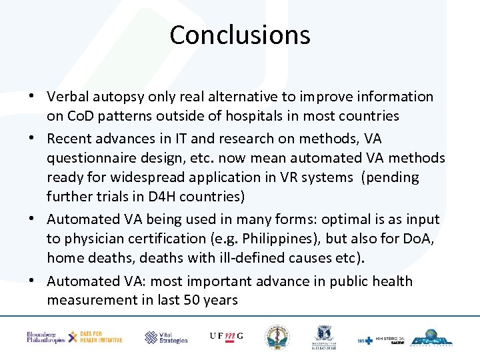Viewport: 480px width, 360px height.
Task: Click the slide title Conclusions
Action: (x=240, y=35)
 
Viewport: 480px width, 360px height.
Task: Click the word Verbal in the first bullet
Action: (x=69, y=97)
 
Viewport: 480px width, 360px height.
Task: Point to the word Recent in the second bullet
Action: (x=70, y=138)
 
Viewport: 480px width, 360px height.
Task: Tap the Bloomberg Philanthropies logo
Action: (x=45, y=337)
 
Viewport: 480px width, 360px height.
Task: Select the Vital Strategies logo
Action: (x=167, y=337)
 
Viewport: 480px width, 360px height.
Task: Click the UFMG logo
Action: (x=226, y=336)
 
